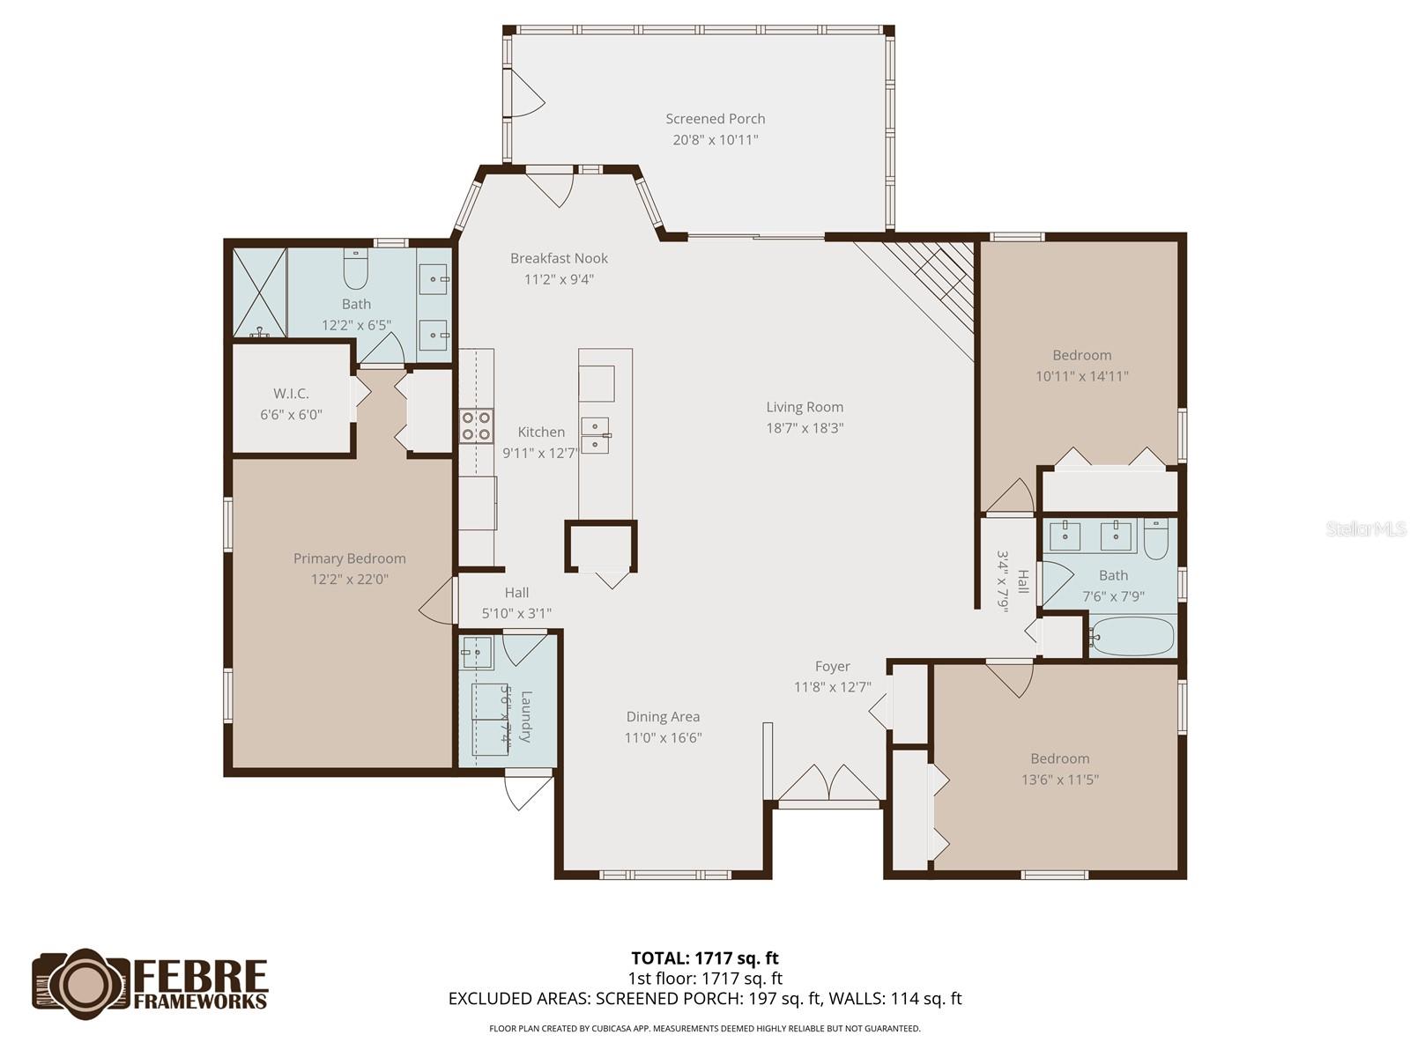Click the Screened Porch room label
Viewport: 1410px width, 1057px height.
point(715,119)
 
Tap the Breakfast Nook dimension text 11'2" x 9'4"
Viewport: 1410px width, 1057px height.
point(559,279)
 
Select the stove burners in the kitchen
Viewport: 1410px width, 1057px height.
point(476,426)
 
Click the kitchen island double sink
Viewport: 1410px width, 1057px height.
point(595,435)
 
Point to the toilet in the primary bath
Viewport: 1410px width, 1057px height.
point(355,271)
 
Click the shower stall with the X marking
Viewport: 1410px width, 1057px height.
point(259,292)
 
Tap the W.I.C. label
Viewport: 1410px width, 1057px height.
point(291,394)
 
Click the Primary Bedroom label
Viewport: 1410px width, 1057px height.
point(349,558)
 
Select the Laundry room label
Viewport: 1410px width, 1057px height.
point(526,716)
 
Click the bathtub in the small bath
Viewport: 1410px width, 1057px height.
point(1132,635)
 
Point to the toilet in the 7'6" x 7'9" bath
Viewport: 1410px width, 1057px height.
point(1155,539)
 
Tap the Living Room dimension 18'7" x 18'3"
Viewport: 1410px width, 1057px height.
point(805,428)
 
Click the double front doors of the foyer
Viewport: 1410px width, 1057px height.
point(829,783)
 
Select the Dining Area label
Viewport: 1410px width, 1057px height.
point(663,717)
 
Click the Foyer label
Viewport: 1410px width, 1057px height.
point(832,667)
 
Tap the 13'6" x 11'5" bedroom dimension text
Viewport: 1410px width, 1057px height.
point(1060,780)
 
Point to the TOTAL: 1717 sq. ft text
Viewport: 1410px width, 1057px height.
point(704,958)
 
